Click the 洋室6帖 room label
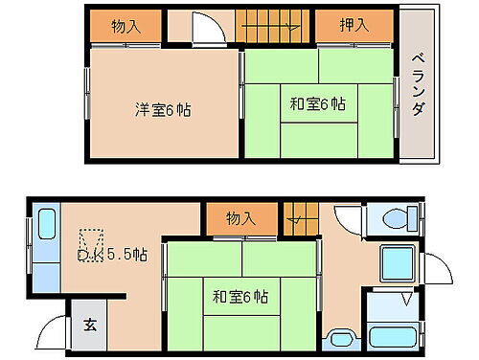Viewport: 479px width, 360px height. [162, 110]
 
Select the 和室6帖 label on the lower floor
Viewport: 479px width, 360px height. [240, 297]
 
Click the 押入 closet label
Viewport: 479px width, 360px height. [354, 26]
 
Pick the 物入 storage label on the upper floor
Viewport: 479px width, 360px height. [126, 26]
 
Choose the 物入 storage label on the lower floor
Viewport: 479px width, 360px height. [240, 219]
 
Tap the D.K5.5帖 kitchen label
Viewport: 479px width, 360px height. [113, 255]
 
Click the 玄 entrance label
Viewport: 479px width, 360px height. [87, 324]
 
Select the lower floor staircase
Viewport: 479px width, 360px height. [299, 219]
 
